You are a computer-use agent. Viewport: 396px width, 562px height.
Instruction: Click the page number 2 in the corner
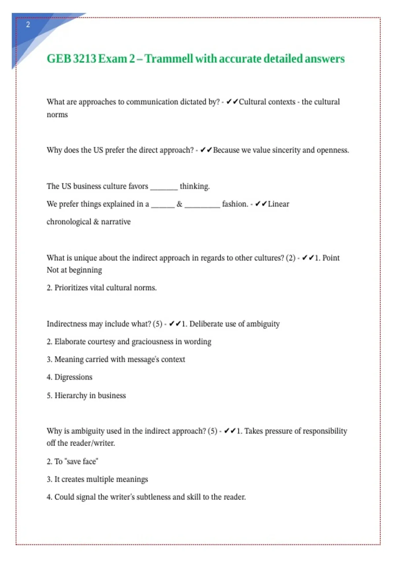tap(28, 24)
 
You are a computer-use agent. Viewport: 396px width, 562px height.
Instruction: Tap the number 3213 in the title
tap(84, 59)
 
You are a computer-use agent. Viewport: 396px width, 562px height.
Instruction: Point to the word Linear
tap(279, 204)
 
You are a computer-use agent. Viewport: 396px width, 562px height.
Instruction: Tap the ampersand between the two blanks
tap(180, 204)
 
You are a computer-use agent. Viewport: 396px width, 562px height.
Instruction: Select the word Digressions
tap(73, 377)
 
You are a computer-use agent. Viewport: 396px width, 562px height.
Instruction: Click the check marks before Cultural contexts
tap(232, 102)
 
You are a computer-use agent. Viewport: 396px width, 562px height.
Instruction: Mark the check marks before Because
tap(206, 150)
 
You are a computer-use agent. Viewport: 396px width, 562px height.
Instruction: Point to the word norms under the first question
tap(57, 115)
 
